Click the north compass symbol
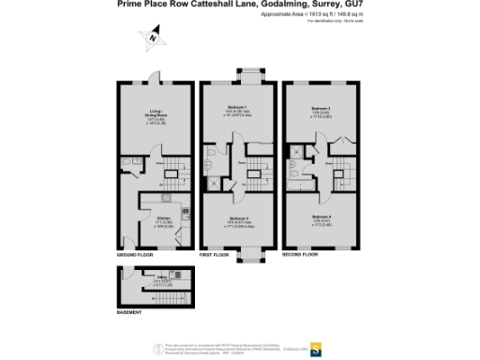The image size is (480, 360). coord(153,38)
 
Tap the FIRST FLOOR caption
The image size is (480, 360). coord(215,253)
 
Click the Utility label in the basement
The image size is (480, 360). coord(162,276)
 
